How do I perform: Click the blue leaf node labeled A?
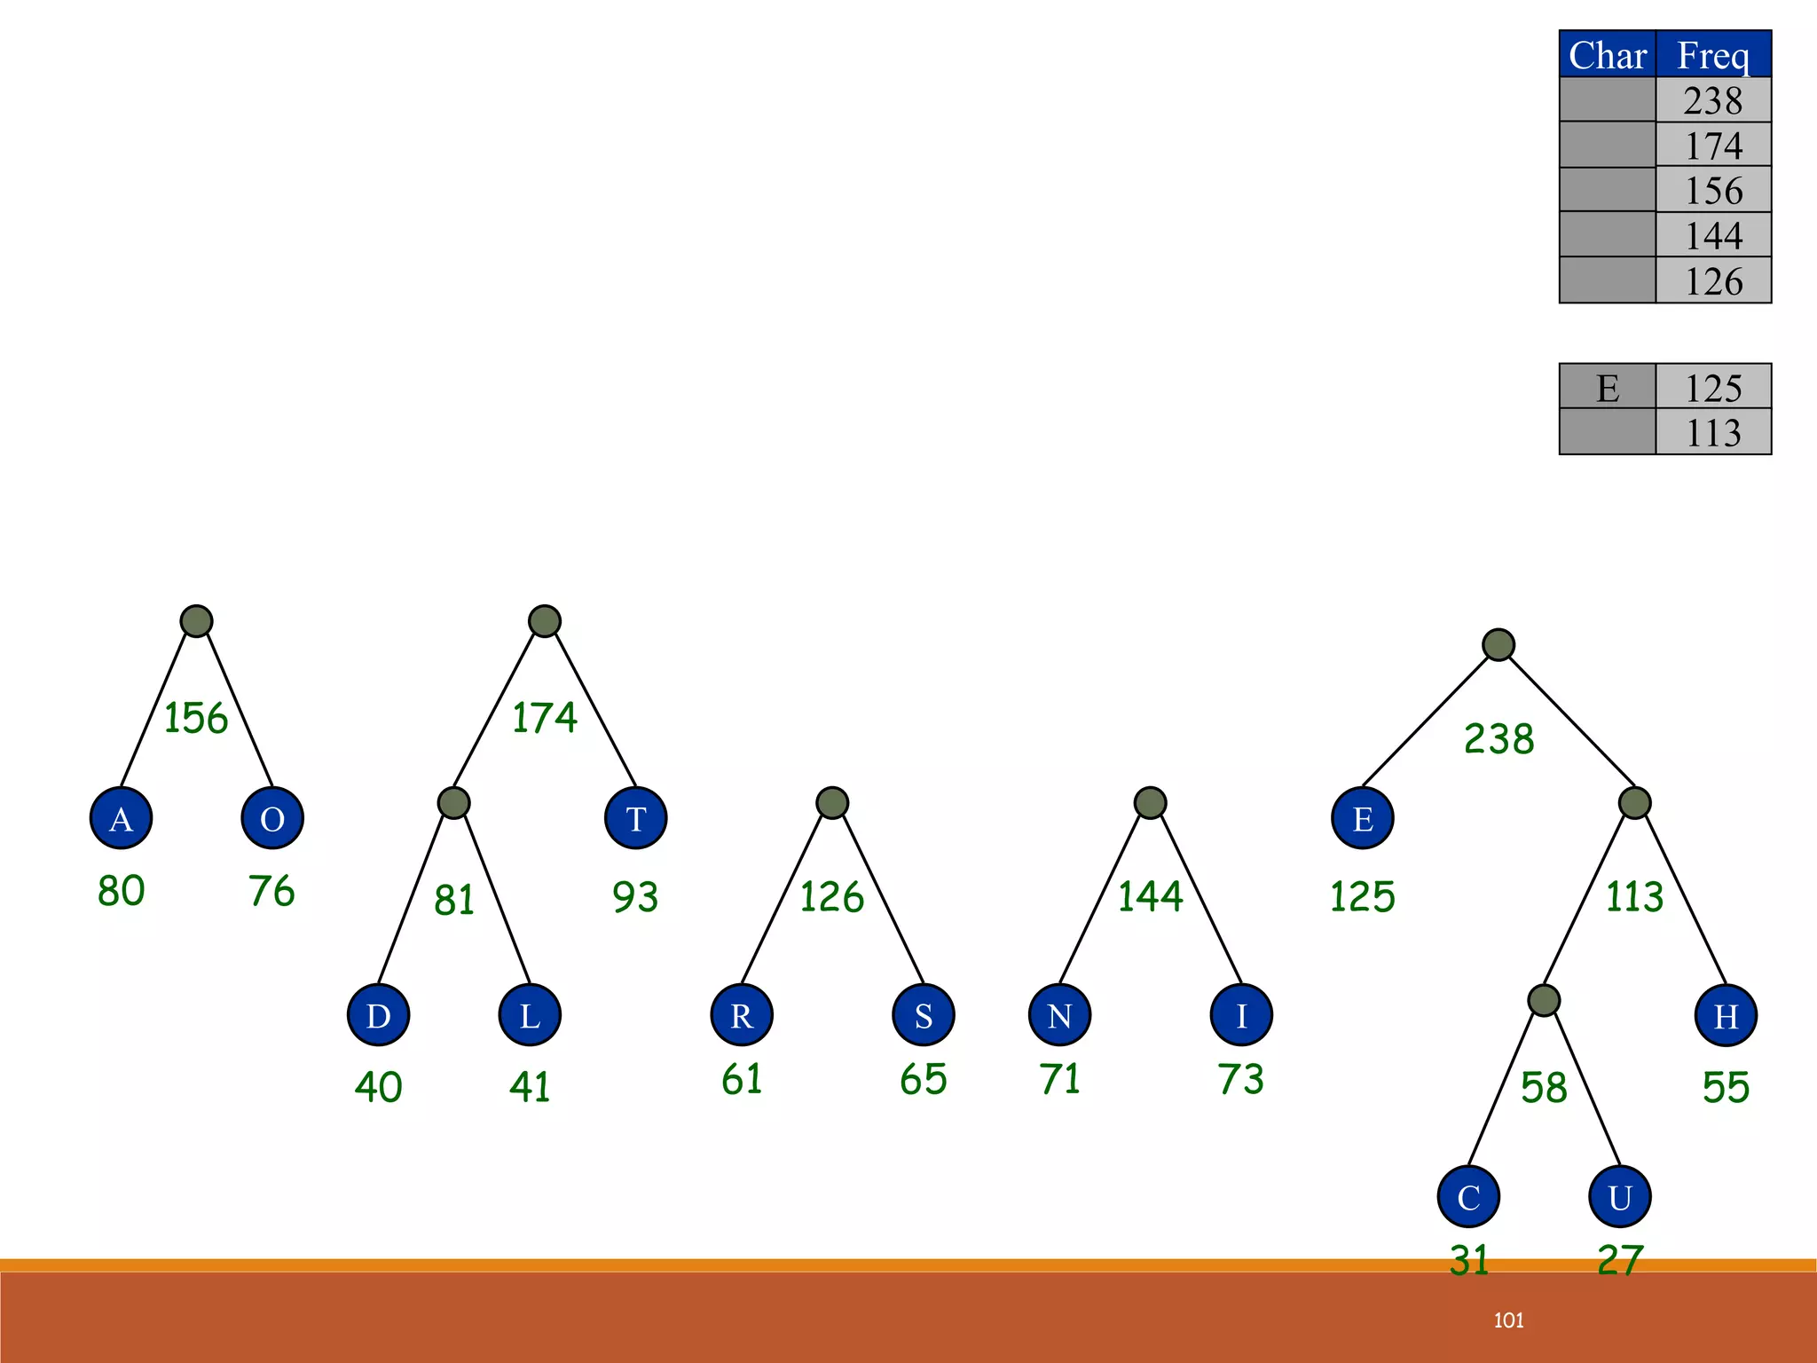[122, 818]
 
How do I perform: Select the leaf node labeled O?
[272, 818]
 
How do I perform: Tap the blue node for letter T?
[635, 818]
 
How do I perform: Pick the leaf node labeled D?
[379, 1015]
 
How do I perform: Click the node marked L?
[530, 1015]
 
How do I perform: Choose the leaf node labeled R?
[742, 1015]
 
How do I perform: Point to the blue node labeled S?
[924, 1015]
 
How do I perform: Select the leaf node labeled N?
[1060, 1015]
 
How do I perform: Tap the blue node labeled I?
[1241, 1015]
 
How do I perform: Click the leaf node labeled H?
[1726, 1015]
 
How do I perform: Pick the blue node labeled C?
[1468, 1197]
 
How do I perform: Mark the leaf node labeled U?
[1620, 1197]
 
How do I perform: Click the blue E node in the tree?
[1363, 818]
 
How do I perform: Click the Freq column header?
[1713, 55]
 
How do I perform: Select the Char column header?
[1608, 55]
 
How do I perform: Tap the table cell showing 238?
[1713, 100]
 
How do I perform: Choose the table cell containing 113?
[1713, 433]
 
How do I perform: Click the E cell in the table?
[1608, 388]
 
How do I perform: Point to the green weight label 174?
[545, 718]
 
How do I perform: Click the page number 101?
[1508, 1320]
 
